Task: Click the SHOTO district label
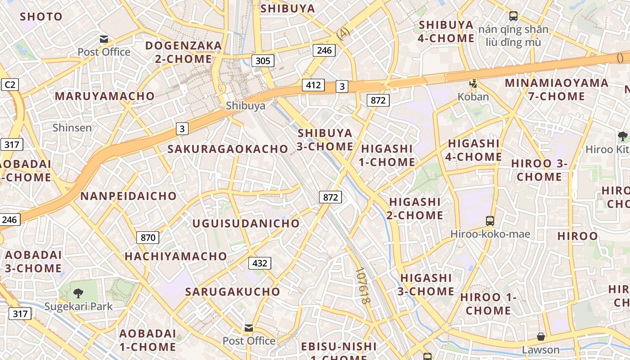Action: (41, 17)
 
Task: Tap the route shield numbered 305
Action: (263, 60)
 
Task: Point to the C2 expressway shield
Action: (9, 85)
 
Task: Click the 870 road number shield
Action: (148, 238)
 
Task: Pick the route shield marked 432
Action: (260, 263)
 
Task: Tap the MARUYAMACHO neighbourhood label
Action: (105, 96)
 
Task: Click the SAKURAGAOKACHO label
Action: (228, 149)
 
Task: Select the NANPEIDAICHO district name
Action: (128, 196)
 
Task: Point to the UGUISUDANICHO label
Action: (246, 223)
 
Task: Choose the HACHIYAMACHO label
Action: (176, 256)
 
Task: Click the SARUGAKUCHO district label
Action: (233, 291)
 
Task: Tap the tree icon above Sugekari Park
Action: (78, 293)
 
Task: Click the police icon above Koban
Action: (473, 83)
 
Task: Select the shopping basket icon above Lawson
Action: (541, 336)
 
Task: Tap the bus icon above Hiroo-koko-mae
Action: (490, 220)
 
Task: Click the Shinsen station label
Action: (72, 127)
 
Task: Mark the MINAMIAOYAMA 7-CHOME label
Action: (557, 90)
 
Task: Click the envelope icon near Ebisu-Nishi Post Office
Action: (249, 328)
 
